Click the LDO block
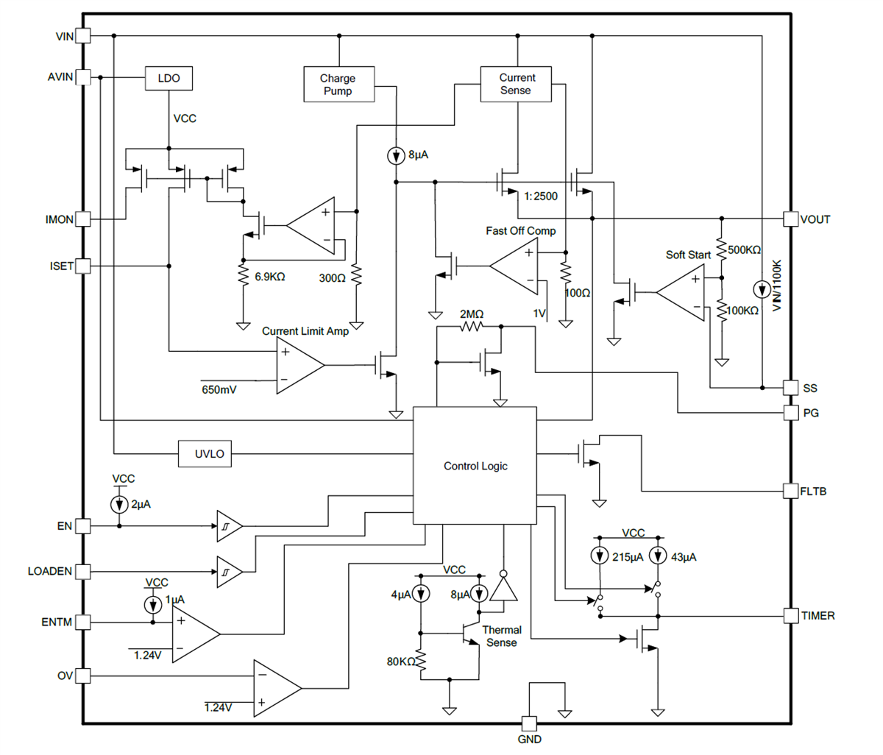(x=169, y=78)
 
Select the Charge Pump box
(x=338, y=85)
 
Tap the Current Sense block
(x=516, y=84)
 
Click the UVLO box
(x=210, y=454)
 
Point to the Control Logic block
(x=475, y=465)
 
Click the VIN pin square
(x=83, y=35)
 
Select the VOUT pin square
(x=791, y=219)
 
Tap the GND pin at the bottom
(x=529, y=723)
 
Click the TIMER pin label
(x=818, y=616)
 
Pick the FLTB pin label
(x=813, y=491)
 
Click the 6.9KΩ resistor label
(x=269, y=277)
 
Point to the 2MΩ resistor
(x=471, y=326)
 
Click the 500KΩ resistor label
(x=744, y=250)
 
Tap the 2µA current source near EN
(x=119, y=505)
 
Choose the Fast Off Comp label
(x=520, y=231)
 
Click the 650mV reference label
(x=219, y=389)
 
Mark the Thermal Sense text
(x=501, y=637)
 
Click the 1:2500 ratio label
(x=541, y=196)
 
